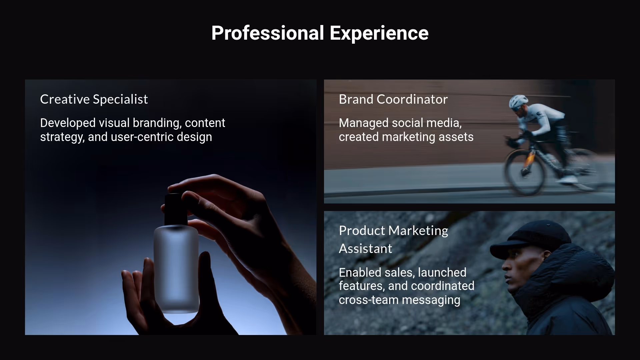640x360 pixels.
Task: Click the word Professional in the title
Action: pos(268,33)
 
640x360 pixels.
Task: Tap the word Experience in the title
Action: pos(379,33)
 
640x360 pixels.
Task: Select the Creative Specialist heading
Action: pos(94,99)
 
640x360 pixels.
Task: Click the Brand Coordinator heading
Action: pos(393,99)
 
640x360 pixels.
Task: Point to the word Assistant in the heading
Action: pos(365,249)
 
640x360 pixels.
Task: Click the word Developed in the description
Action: pos(68,123)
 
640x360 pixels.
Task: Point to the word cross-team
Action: pos(368,300)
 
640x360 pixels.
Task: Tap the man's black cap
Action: pos(530,235)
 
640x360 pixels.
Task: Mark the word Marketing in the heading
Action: pos(418,231)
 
